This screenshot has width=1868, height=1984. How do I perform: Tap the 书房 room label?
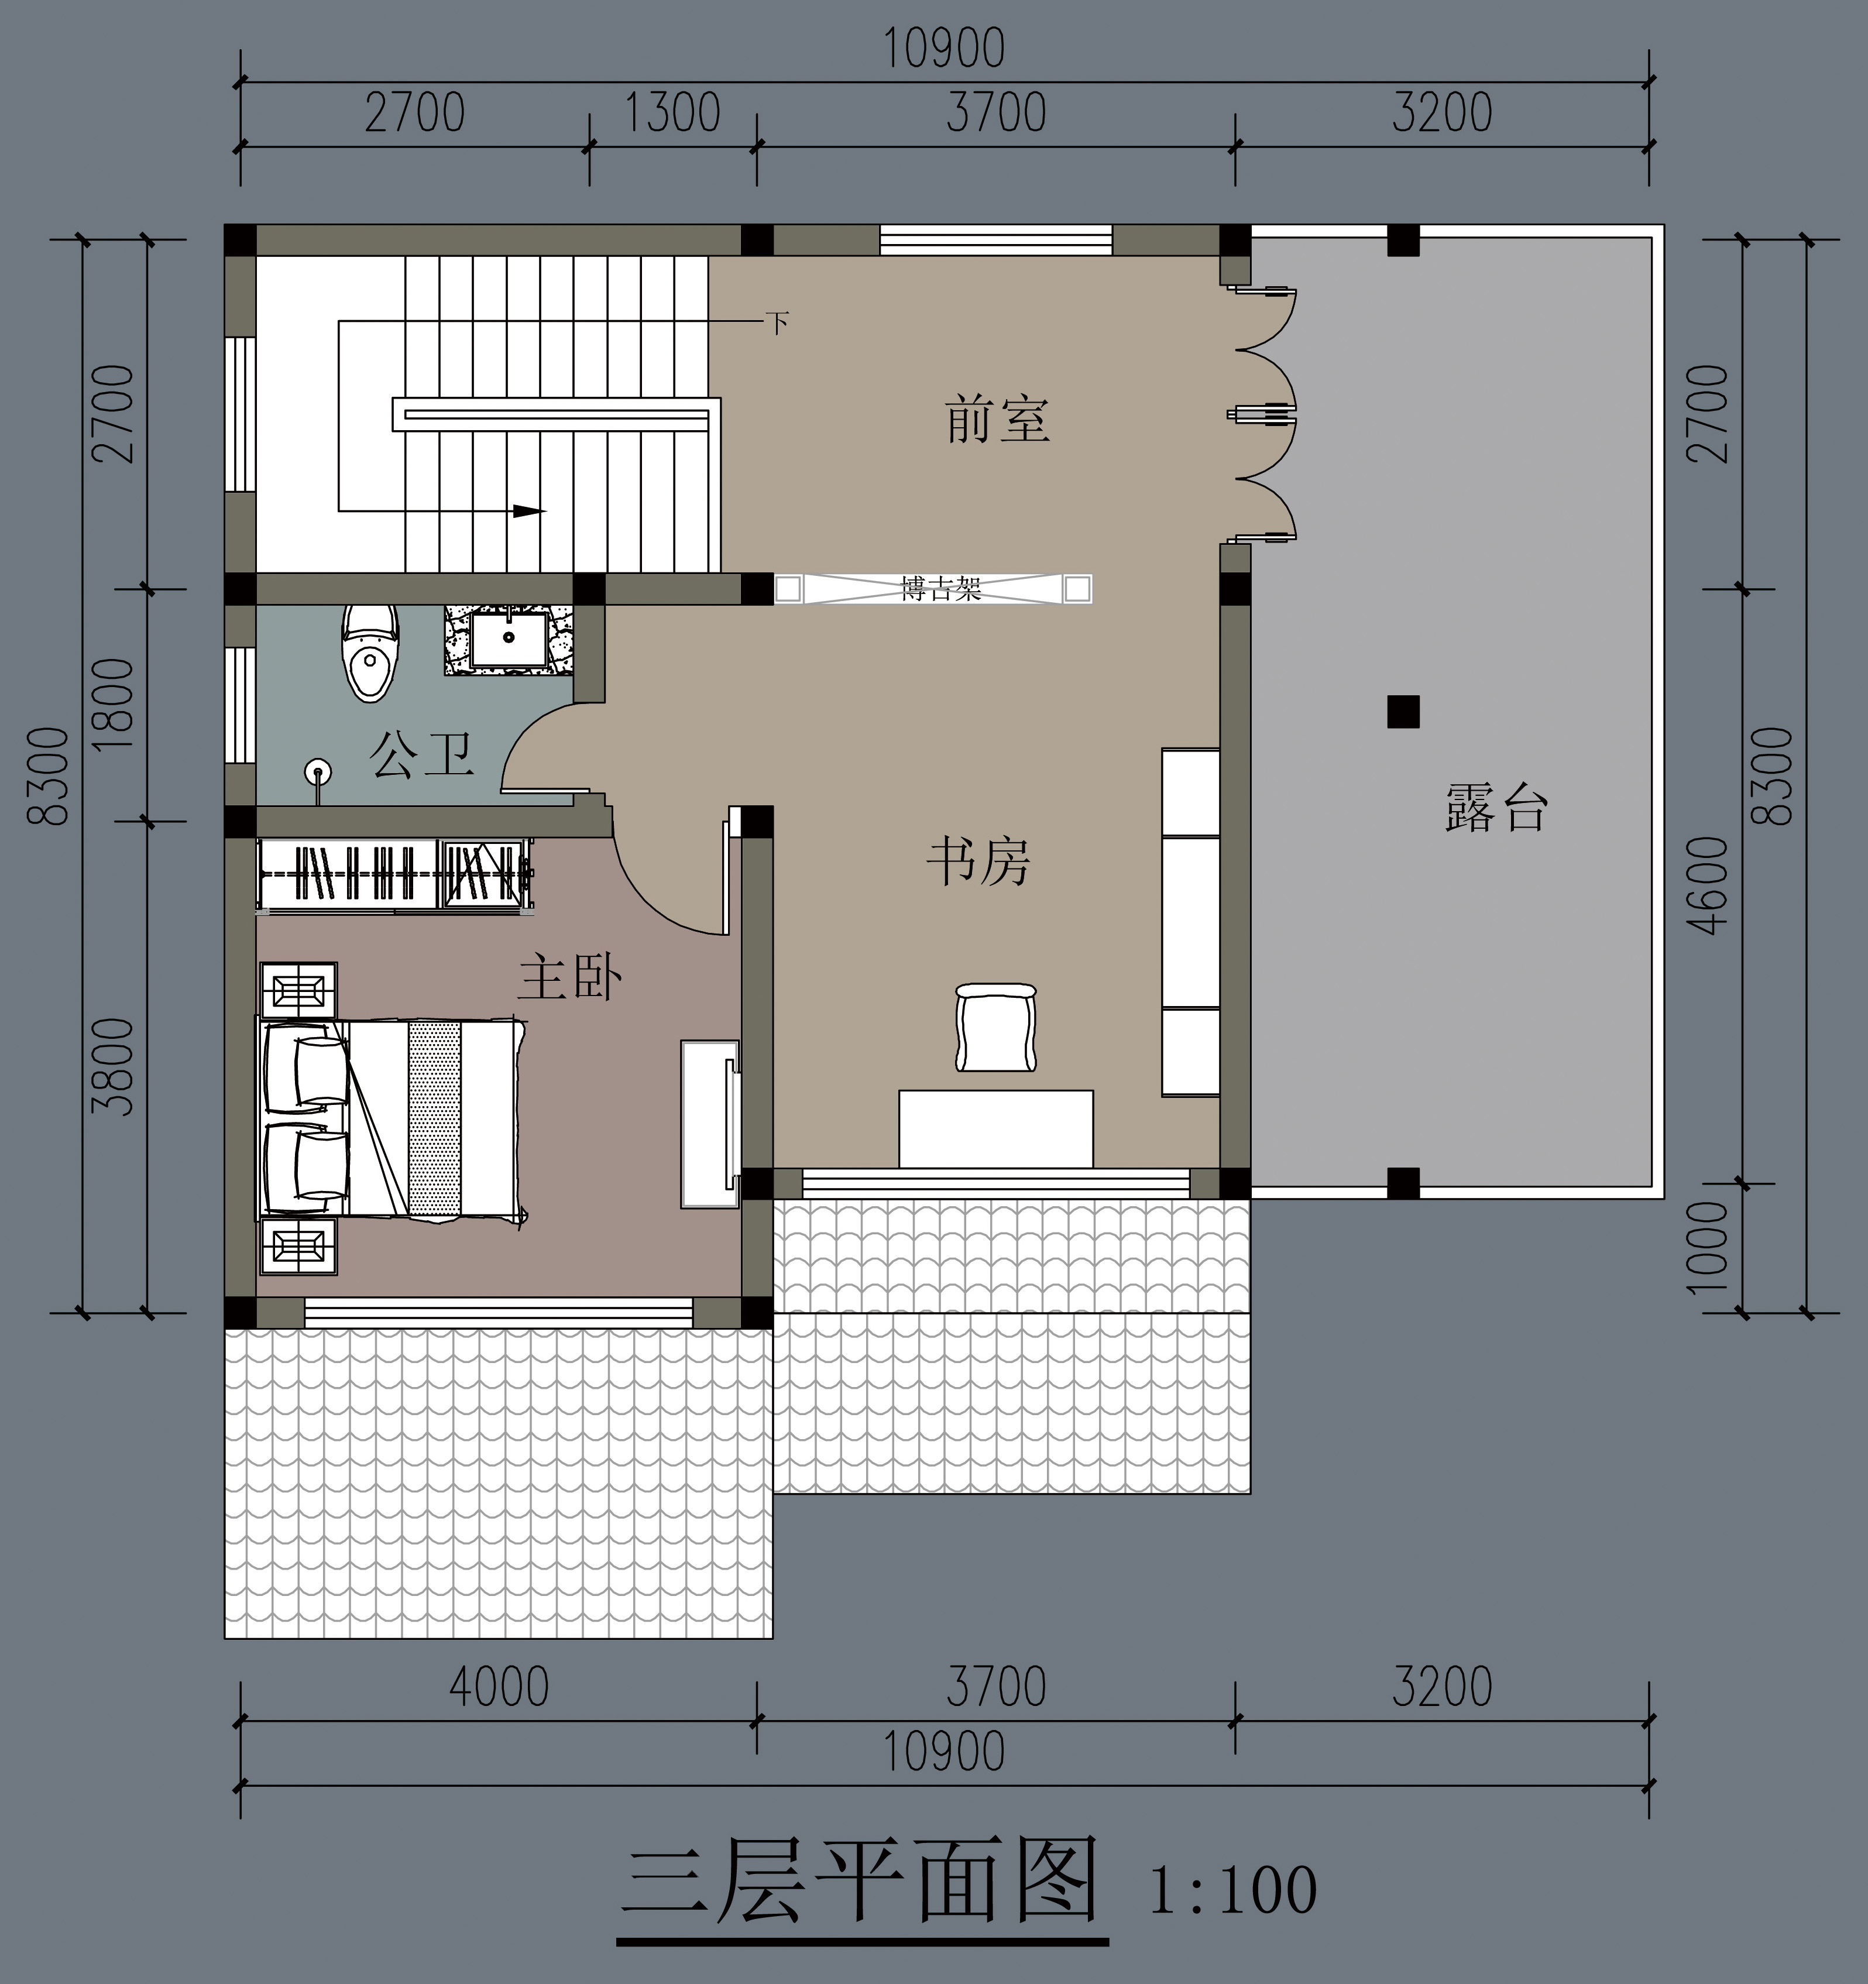tap(978, 861)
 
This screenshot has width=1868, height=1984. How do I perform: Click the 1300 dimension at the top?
tap(672, 113)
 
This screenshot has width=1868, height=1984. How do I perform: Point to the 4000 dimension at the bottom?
tap(498, 1687)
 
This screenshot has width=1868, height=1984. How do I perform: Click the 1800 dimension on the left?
tap(117, 705)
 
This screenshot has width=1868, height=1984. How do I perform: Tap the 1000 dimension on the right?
tap(1711, 1247)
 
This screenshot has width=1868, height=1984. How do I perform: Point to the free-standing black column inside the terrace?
tap(1403, 712)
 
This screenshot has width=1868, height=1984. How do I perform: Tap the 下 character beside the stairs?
tap(777, 322)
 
